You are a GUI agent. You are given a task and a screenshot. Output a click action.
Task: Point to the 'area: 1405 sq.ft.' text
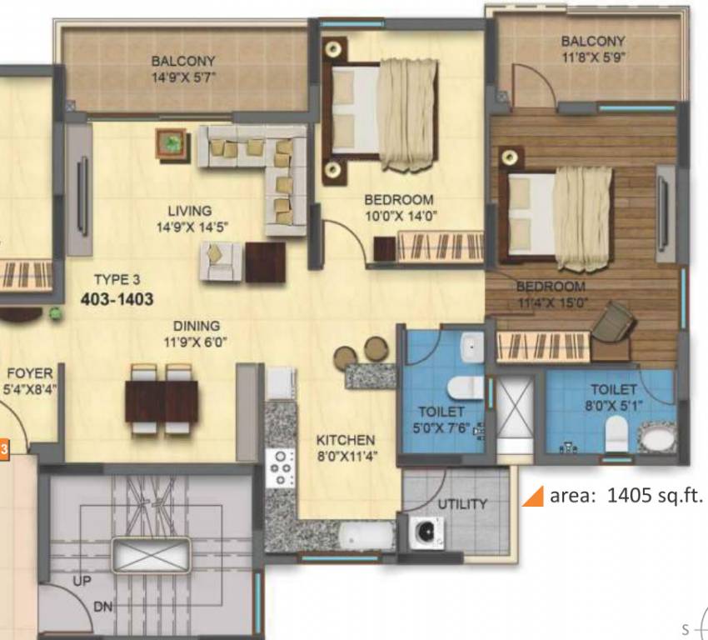tap(626, 496)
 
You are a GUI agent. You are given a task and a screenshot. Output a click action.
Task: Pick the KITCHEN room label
tap(345, 439)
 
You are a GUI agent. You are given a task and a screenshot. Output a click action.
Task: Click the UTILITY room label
tap(462, 503)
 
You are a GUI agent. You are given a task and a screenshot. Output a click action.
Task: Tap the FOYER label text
tap(29, 373)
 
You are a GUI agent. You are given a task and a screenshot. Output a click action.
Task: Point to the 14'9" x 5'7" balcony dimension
tap(182, 77)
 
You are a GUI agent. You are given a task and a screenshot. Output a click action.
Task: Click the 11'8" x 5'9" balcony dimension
tap(592, 57)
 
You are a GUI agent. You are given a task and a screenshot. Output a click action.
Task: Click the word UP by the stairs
tap(82, 581)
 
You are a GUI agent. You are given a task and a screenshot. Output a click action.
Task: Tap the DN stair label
tap(102, 607)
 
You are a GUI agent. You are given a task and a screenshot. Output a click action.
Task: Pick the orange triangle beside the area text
tap(531, 497)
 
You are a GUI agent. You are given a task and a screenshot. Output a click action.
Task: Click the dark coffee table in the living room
tap(265, 262)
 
